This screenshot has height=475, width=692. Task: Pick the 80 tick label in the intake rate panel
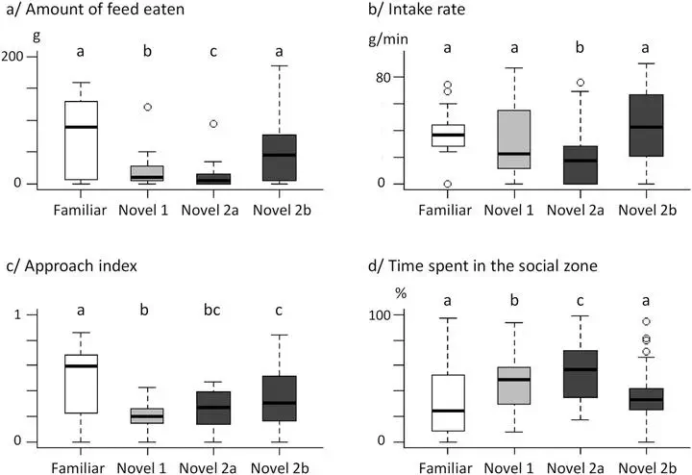368,77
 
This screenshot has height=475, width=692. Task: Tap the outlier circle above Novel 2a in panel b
554,83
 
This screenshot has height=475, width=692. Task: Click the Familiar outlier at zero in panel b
447,184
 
